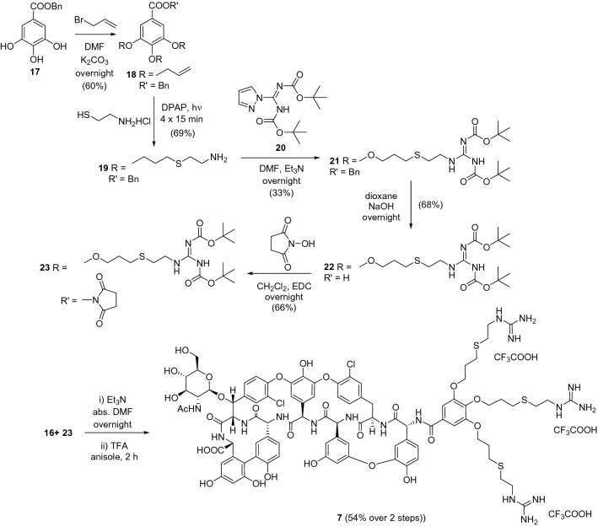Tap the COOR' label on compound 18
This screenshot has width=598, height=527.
pyautogui.click(x=181, y=13)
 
